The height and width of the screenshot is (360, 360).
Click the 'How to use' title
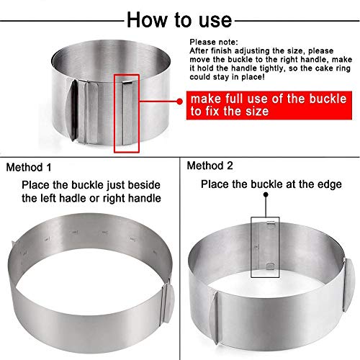click(x=179, y=19)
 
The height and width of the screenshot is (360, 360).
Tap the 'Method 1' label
click(x=29, y=167)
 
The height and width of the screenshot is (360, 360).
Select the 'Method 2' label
click(x=210, y=166)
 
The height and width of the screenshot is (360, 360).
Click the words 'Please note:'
click(x=214, y=42)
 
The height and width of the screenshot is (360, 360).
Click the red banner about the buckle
click(x=269, y=105)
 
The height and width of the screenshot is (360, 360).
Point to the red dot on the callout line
click(x=179, y=102)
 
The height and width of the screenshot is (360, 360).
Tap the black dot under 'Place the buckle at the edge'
click(x=266, y=194)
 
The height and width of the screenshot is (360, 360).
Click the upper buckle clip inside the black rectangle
click(x=271, y=222)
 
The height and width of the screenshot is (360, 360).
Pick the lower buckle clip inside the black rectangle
click(x=271, y=266)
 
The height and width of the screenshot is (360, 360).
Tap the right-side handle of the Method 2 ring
click(x=348, y=284)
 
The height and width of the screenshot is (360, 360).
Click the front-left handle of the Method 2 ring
click(x=213, y=318)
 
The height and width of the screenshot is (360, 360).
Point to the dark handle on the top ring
click(x=72, y=110)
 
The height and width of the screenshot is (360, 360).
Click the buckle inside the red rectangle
click(x=127, y=113)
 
